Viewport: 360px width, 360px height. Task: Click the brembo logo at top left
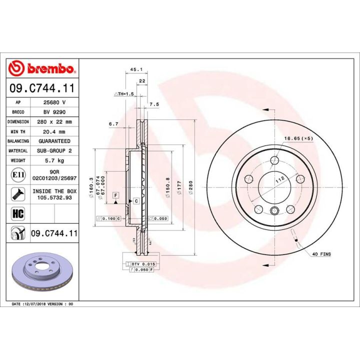[x=42, y=68]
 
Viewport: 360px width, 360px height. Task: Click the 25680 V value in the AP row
[x=55, y=101]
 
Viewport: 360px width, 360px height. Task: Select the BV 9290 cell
[x=55, y=111]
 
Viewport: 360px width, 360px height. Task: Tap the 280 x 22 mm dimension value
[x=55, y=121]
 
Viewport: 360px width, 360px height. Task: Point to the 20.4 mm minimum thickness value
[x=55, y=131]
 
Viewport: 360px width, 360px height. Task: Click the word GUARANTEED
[x=55, y=141]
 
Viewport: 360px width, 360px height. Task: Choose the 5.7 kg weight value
[x=55, y=161]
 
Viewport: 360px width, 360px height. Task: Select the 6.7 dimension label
[x=113, y=123]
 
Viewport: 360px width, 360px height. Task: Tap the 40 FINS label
[x=321, y=254]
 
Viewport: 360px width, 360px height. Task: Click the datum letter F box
[x=115, y=194]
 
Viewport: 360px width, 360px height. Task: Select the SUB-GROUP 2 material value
[x=55, y=151]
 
